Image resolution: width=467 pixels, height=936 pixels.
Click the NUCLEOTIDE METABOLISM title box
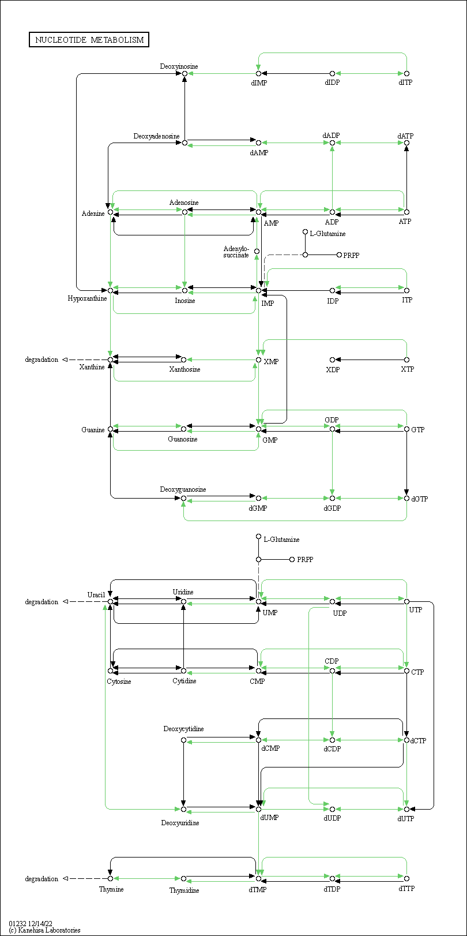89,40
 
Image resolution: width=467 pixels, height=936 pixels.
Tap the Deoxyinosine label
179,66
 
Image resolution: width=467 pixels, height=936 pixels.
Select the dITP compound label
405,83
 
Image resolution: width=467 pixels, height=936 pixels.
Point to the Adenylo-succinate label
236,252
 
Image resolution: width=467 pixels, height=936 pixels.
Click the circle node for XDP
332,360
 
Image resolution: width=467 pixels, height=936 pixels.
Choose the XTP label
407,369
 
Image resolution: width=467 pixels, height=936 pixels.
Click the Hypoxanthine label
87,298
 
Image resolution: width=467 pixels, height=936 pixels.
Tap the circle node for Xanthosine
183,360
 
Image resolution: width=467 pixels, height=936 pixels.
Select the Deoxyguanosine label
183,489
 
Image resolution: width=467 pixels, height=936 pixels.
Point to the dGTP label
419,499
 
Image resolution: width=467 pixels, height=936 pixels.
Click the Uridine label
183,591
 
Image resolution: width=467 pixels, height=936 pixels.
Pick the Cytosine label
119,681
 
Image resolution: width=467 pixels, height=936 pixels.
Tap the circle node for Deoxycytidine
183,740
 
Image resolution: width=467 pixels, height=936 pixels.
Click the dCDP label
332,749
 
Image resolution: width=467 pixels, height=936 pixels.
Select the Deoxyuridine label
180,823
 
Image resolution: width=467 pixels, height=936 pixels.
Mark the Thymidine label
184,890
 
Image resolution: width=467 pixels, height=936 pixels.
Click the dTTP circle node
406,878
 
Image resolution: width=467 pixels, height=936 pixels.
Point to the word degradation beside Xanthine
42,360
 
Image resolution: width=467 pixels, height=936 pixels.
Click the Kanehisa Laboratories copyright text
44,930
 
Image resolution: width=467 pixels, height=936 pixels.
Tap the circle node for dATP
406,143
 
